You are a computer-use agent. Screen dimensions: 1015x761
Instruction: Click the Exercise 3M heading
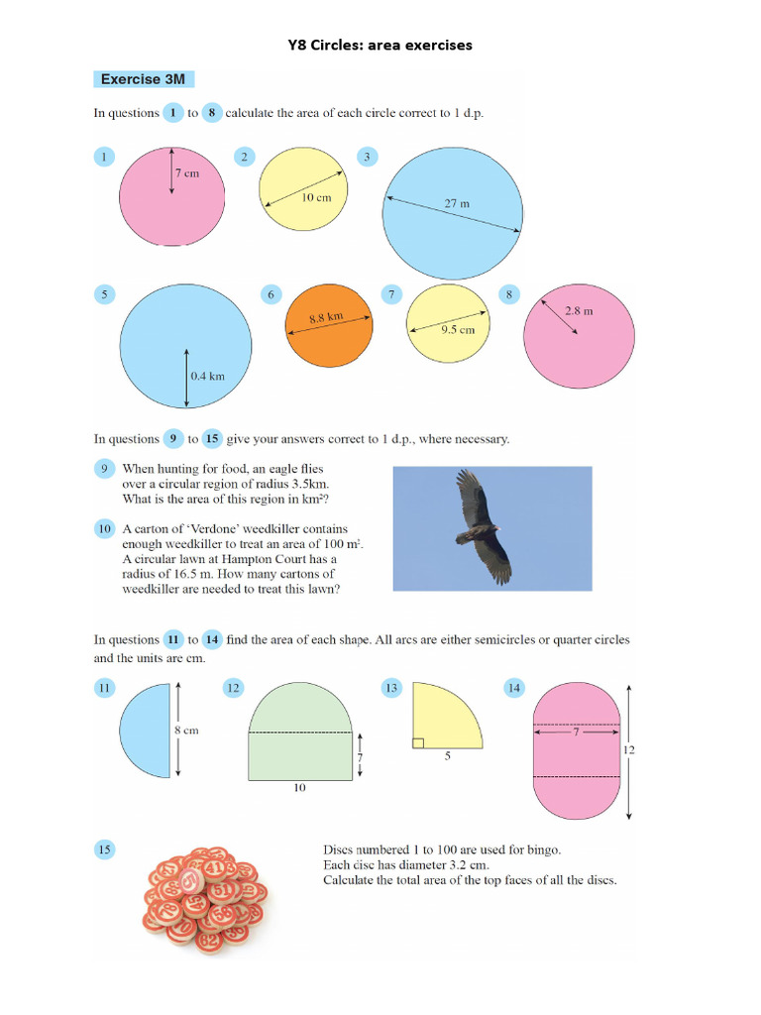[x=143, y=79]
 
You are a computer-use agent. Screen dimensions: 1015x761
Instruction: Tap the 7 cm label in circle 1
[x=187, y=173]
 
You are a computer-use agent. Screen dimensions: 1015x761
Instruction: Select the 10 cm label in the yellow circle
[x=316, y=197]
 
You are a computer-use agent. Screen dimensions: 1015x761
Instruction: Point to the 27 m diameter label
[x=457, y=203]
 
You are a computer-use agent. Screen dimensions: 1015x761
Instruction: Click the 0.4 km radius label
[x=208, y=377]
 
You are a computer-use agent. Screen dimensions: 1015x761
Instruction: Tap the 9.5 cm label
[x=458, y=329]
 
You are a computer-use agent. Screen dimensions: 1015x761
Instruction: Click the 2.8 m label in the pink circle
[x=579, y=310]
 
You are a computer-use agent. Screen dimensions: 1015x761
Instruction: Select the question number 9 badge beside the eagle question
[x=104, y=468]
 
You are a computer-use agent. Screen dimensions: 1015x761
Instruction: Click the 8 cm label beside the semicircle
[x=186, y=731]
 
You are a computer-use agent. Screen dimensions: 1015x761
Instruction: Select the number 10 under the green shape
[x=299, y=789]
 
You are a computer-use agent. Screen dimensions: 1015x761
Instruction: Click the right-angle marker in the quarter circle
[x=418, y=741]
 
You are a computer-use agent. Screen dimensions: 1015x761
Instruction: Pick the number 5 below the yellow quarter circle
[x=447, y=756]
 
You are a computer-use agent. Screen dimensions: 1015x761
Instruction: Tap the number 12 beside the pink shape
[x=628, y=750]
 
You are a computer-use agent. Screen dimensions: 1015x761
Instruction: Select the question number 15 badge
[x=104, y=848]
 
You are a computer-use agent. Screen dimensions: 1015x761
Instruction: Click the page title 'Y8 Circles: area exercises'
[x=380, y=45]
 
